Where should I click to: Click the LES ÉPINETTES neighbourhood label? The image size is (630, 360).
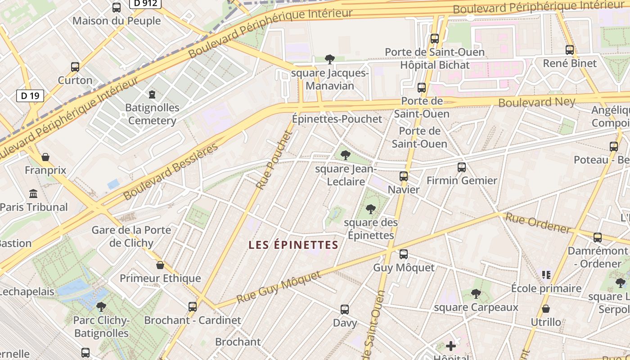point(293,245)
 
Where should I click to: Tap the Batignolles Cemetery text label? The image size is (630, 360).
point(152,114)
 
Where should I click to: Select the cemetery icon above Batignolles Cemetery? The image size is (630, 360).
point(152,94)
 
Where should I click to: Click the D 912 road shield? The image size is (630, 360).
point(145,4)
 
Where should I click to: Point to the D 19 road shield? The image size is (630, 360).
point(30,95)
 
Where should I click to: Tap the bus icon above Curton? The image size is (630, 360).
point(75,67)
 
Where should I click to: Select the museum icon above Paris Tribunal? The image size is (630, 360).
point(33,194)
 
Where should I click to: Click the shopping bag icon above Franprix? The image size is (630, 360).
point(45,157)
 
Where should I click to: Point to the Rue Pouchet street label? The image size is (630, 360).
point(274,160)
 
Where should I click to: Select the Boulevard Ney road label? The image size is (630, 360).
point(536,102)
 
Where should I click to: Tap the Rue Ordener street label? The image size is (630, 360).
point(538,223)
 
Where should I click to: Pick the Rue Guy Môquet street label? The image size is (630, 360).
point(279,287)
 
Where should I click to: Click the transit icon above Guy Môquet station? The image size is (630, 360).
point(404,254)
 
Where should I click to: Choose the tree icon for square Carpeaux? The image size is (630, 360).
point(476,294)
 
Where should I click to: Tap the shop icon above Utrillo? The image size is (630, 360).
point(546,309)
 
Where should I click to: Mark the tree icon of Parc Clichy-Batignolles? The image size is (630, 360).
point(101,307)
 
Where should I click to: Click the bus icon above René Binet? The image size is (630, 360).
point(570,50)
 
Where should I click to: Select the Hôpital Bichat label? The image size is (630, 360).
point(435,65)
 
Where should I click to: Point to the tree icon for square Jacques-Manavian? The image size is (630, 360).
point(330,59)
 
